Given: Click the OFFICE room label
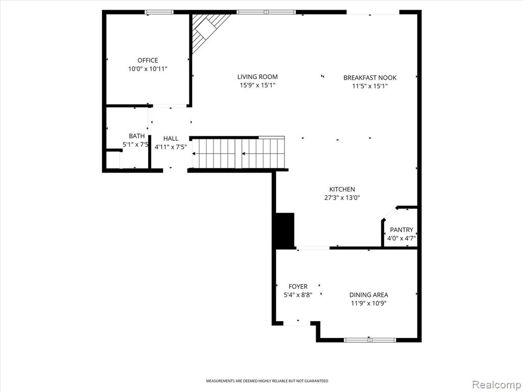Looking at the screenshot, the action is (x=148, y=60).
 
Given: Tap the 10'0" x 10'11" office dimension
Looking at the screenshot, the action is (x=148, y=69).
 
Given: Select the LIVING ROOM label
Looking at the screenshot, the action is (x=257, y=77).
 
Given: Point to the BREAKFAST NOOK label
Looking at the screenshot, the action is (x=370, y=78).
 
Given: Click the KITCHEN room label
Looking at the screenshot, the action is (x=342, y=189).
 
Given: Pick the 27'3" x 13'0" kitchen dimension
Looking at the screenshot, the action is (x=342, y=198).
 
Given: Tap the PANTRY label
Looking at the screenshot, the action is (x=401, y=230).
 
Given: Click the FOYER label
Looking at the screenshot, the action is (x=298, y=286).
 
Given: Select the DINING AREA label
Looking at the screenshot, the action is (x=369, y=295).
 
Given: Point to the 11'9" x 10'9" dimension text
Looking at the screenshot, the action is (x=369, y=303).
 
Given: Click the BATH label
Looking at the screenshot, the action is (x=137, y=136).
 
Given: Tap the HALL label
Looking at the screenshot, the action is (x=171, y=138).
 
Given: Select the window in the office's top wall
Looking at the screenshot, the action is (x=159, y=12).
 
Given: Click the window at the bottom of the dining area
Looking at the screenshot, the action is (x=370, y=340).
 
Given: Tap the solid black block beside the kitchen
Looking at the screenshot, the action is (x=284, y=231).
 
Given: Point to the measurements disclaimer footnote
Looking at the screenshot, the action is (x=267, y=381).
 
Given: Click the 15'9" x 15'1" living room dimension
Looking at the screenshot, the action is (x=257, y=86).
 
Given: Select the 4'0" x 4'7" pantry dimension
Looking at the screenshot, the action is (x=401, y=238).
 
